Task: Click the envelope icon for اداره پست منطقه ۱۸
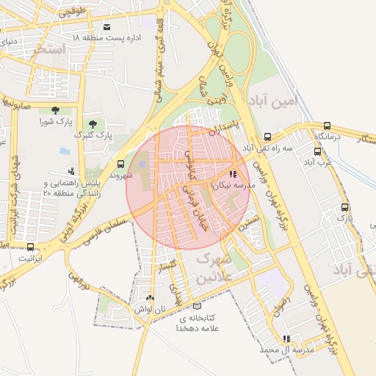point(108,23)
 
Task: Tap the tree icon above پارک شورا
point(55,110)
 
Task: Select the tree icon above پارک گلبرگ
point(92,124)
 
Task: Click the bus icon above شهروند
point(120,164)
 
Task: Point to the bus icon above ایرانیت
point(30,247)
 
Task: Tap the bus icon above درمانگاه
point(326,126)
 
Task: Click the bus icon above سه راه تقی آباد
point(268,137)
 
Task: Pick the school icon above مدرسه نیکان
point(234,175)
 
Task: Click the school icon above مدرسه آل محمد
point(286,339)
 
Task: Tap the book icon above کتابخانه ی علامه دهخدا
point(195,306)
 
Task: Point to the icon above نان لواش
point(151,298)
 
